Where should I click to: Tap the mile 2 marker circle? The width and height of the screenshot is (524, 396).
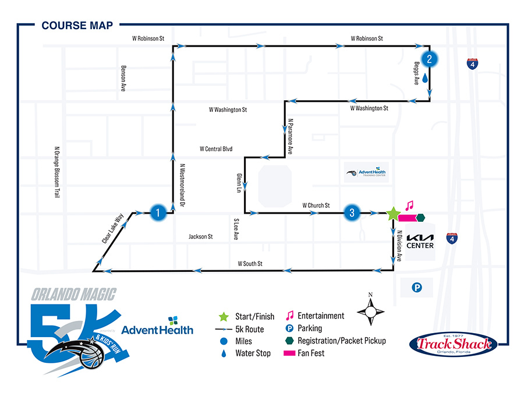coord(429,58)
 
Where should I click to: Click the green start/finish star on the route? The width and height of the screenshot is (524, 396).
coord(393,214)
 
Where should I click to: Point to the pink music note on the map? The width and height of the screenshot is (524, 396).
coord(409,205)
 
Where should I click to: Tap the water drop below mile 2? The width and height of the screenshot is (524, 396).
coord(425,77)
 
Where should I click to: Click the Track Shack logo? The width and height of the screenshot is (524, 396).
coord(454,344)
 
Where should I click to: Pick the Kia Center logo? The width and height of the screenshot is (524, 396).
coord(420,241)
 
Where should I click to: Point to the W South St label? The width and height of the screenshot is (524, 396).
coord(250,264)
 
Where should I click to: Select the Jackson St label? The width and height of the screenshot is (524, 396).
coord(200,237)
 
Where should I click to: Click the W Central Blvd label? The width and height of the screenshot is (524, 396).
coord(216,149)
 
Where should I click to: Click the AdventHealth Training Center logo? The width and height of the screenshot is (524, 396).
coord(366,172)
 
